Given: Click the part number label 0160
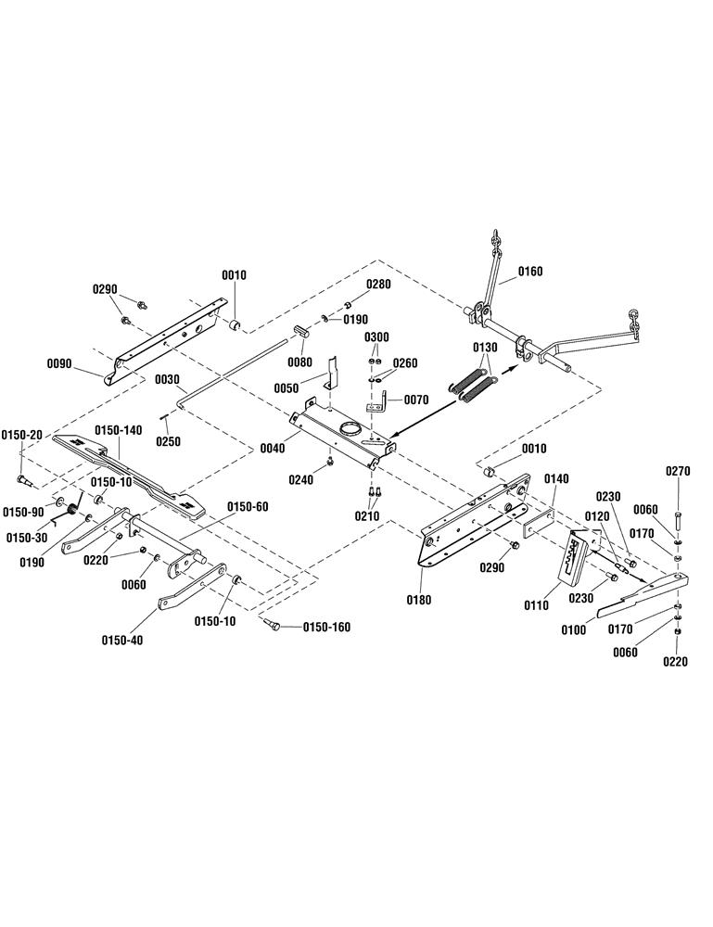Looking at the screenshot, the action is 530,272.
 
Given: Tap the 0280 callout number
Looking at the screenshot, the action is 377,285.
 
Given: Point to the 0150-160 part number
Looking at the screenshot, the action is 326,627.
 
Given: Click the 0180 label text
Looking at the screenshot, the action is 418,600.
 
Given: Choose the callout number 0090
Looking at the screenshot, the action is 59,363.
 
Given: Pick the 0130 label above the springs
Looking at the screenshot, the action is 485,347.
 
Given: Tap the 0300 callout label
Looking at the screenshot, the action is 376,337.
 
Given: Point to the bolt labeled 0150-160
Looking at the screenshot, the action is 270,623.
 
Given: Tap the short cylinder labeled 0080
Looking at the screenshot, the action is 301,330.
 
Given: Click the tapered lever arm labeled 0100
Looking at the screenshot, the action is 643,595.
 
